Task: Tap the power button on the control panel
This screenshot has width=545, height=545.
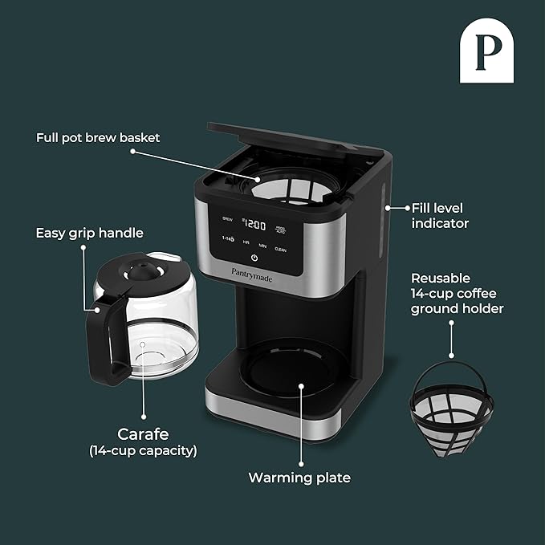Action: pyautogui.click(x=254, y=258)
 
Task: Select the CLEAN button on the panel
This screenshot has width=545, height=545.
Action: pyautogui.click(x=280, y=250)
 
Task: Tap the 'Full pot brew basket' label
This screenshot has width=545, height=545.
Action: pyautogui.click(x=98, y=138)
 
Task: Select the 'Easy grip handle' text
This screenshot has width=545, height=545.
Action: pyautogui.click(x=89, y=234)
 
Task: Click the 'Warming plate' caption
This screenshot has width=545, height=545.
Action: pyautogui.click(x=299, y=478)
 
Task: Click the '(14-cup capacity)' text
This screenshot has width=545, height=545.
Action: pyautogui.click(x=143, y=451)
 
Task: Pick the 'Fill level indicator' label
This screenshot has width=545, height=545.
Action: pyautogui.click(x=440, y=215)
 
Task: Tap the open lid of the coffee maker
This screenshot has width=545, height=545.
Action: pyautogui.click(x=289, y=136)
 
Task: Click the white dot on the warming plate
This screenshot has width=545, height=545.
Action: pyautogui.click(x=301, y=385)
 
